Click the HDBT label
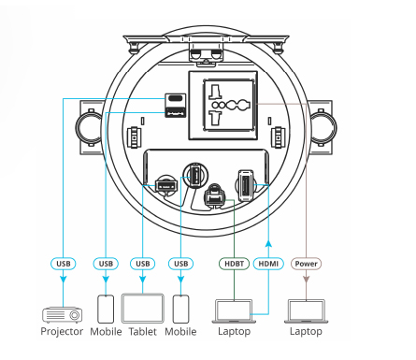(x=234, y=264)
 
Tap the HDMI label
(x=268, y=264)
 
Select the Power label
(x=306, y=264)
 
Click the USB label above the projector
(x=64, y=264)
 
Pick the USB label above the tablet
(x=143, y=264)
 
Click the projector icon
(x=63, y=315)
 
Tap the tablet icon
(x=143, y=309)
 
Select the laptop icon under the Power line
(x=306, y=311)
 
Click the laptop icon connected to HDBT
(x=234, y=311)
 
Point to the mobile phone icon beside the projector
(x=106, y=309)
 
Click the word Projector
(x=62, y=331)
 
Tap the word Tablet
(x=143, y=331)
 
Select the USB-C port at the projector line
(x=176, y=99)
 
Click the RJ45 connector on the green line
(x=214, y=196)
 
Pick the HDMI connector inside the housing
(x=246, y=185)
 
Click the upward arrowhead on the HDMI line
(x=268, y=243)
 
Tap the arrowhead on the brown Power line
(x=306, y=280)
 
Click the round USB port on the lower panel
(x=195, y=176)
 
